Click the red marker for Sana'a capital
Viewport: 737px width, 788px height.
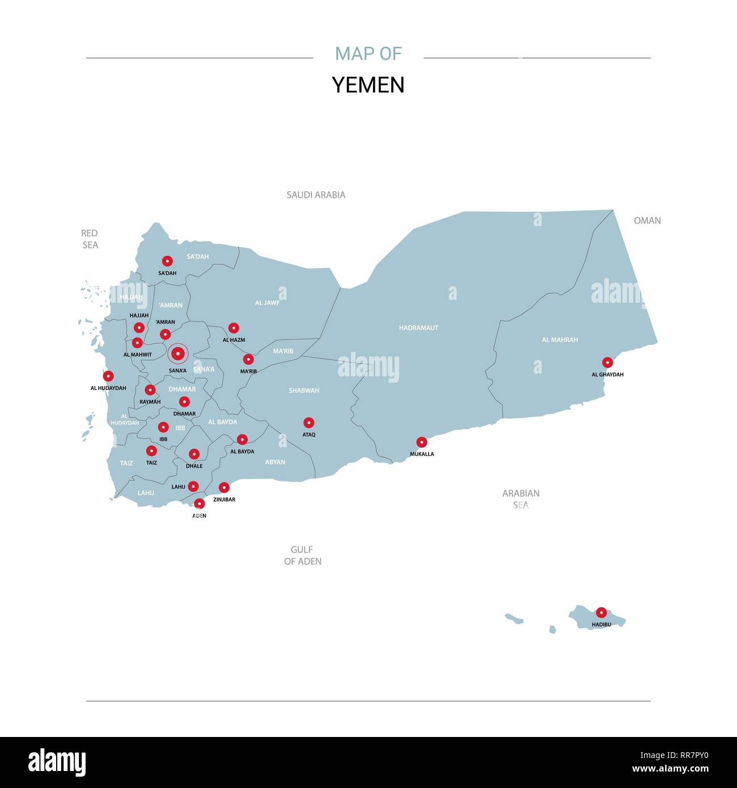(178, 354)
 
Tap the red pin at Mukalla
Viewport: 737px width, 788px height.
(422, 442)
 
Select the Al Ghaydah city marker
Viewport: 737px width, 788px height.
(607, 362)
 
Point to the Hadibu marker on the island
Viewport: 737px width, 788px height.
(601, 612)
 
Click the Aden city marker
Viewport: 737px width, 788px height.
(200, 503)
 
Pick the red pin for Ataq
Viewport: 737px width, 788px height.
(308, 422)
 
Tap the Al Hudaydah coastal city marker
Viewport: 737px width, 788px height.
(108, 376)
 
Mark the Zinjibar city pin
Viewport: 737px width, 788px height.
(224, 488)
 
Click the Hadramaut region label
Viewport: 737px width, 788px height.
(418, 328)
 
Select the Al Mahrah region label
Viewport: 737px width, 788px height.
(560, 340)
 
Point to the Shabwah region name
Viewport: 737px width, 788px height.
(304, 391)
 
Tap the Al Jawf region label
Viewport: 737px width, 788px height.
(267, 303)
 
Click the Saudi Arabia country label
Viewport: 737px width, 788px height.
(316, 195)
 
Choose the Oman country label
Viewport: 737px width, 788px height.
(647, 221)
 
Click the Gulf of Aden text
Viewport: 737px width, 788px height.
(302, 556)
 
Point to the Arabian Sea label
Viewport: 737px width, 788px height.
(520, 499)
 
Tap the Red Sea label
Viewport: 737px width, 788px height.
(90, 239)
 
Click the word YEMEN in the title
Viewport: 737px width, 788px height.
(368, 85)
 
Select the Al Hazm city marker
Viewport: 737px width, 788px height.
(234, 328)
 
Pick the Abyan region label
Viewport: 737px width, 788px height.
(275, 462)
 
